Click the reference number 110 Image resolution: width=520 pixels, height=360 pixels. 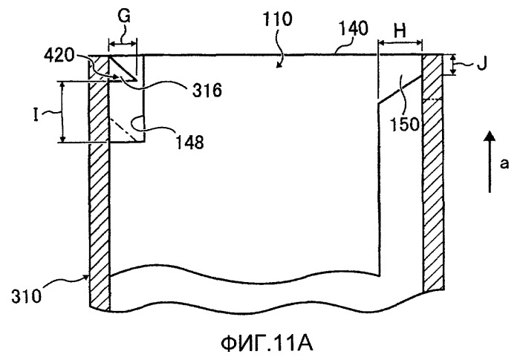pyautogui.click(x=278, y=19)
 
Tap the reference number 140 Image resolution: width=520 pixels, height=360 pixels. pyautogui.click(x=354, y=28)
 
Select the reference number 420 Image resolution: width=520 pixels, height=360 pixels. pyautogui.click(x=59, y=56)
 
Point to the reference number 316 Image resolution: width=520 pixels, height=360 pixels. pyautogui.click(x=207, y=90)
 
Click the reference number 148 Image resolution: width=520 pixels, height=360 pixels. pyautogui.click(x=189, y=143)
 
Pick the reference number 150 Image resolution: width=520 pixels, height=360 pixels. pyautogui.click(x=404, y=124)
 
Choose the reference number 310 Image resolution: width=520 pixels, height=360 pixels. pyautogui.click(x=27, y=296)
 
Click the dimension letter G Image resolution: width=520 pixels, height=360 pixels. pyautogui.click(x=124, y=16)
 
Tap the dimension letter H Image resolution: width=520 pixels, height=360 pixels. pyautogui.click(x=400, y=31)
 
